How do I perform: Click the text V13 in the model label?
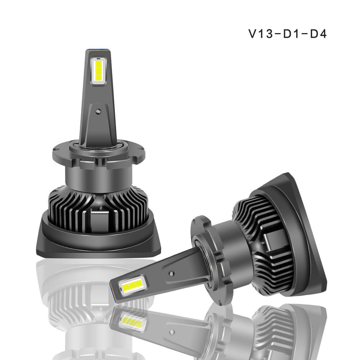(261, 34)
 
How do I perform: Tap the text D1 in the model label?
(291, 34)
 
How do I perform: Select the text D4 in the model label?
(319, 34)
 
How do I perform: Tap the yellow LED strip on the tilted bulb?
(132, 285)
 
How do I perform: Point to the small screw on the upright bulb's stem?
(99, 111)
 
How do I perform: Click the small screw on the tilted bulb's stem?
(171, 274)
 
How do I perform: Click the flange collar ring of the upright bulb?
(99, 154)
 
